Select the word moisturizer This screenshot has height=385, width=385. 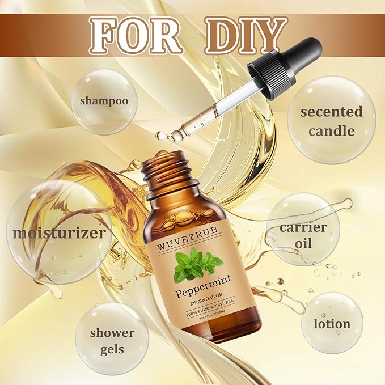(x=59, y=232)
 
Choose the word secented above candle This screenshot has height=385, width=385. (x=331, y=112)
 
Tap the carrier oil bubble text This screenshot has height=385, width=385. (x=303, y=235)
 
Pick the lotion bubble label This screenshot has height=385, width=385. (x=332, y=324)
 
